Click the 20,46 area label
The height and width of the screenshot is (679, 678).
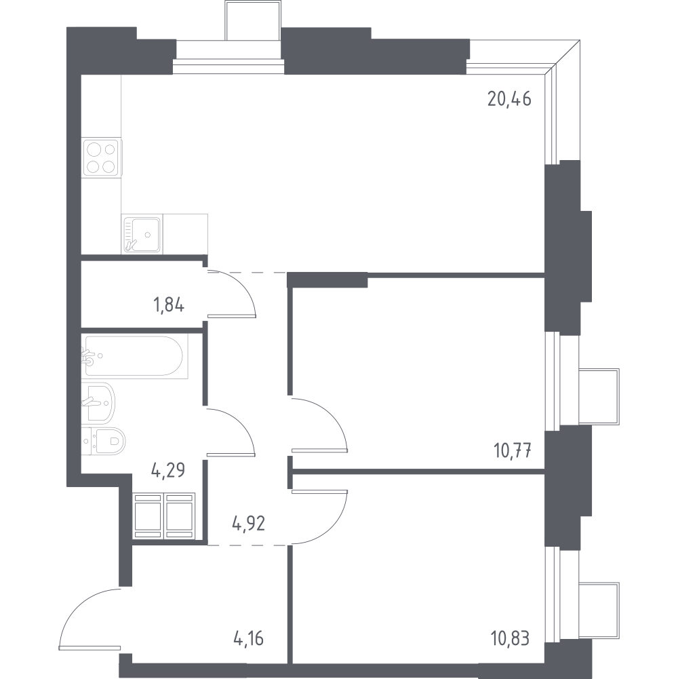(509, 100)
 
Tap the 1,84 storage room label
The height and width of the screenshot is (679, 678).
(169, 305)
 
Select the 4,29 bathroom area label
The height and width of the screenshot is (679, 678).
(168, 470)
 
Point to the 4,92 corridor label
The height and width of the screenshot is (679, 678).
(249, 524)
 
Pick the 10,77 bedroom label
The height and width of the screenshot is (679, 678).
(513, 451)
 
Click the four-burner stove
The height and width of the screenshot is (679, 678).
(101, 158)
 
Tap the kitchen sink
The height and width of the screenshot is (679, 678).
(142, 234)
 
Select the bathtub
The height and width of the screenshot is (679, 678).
(135, 356)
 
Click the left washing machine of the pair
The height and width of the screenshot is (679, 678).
(148, 516)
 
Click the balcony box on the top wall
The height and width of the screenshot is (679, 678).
(253, 20)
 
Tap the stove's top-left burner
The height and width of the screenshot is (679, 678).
(94, 150)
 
